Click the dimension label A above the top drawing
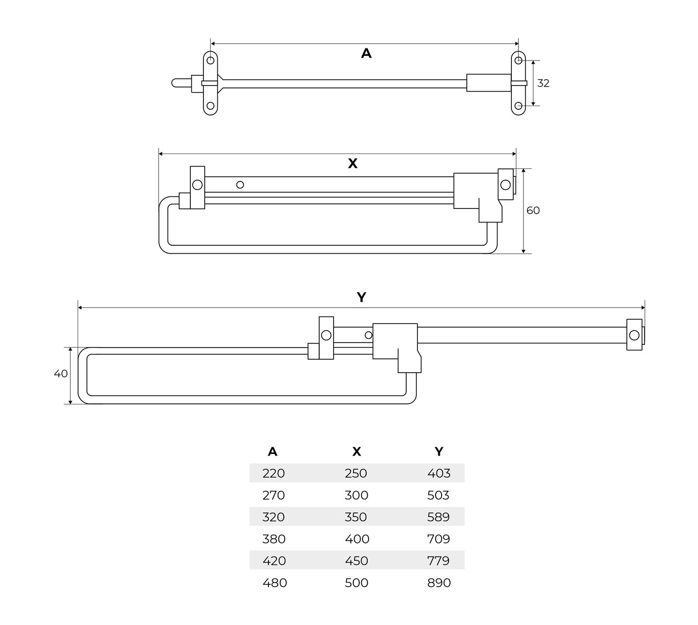366,54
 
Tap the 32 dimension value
543,83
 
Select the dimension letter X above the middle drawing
352,163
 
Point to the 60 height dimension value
533,210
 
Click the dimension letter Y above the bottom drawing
361,297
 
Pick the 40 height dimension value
60,374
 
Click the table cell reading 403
438,473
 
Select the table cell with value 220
273,473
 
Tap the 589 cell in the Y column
438,517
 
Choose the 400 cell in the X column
357,539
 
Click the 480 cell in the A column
275,583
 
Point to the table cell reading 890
438,583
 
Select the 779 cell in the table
438,561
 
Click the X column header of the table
356,451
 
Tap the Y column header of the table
438,451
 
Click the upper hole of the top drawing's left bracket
210,60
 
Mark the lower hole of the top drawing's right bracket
518,106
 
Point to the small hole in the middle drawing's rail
240,185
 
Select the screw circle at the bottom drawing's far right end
634,335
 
